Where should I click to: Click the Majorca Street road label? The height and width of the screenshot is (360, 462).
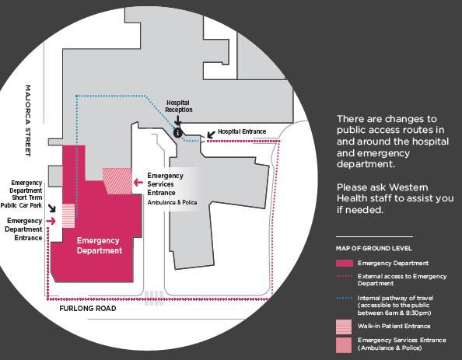28,121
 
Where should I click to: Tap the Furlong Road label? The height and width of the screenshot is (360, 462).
88,309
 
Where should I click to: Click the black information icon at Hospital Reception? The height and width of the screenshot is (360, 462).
177,133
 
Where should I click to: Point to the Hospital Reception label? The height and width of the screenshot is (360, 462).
179,106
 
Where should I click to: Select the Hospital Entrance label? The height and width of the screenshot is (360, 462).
242,131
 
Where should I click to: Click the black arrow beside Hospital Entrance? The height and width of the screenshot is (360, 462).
211,135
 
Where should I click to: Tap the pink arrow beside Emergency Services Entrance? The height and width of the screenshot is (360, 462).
138,183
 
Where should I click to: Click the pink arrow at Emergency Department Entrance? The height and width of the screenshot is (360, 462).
51,221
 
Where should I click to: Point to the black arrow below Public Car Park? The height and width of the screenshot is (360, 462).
52,208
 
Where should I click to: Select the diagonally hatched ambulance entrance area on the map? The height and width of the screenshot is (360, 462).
117,181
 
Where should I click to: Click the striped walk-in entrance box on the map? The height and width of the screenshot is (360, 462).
68,215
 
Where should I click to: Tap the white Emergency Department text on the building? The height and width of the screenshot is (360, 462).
100,246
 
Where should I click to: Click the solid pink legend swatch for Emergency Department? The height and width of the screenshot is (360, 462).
345,264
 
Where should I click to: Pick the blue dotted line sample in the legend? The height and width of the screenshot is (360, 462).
345,298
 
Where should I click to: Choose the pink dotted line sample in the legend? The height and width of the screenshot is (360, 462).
345,276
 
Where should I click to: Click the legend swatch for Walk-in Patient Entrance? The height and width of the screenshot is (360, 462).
344,327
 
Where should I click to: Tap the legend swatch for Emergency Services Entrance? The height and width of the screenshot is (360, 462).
344,345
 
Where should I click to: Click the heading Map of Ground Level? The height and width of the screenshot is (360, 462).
374,248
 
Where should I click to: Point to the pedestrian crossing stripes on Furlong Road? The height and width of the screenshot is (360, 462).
154,298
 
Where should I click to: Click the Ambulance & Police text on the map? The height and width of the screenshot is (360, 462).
173,202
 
